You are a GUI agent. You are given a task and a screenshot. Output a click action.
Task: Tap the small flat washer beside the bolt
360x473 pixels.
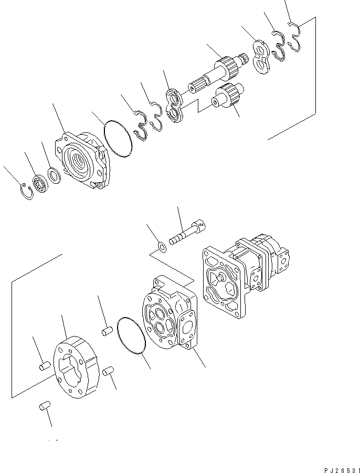point(163,246)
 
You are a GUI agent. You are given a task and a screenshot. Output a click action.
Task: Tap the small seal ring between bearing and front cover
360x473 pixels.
point(54,174)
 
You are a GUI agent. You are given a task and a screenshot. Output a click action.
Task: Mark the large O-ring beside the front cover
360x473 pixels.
point(118,139)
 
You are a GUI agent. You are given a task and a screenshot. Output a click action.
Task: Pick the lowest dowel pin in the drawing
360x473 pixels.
point(44,406)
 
